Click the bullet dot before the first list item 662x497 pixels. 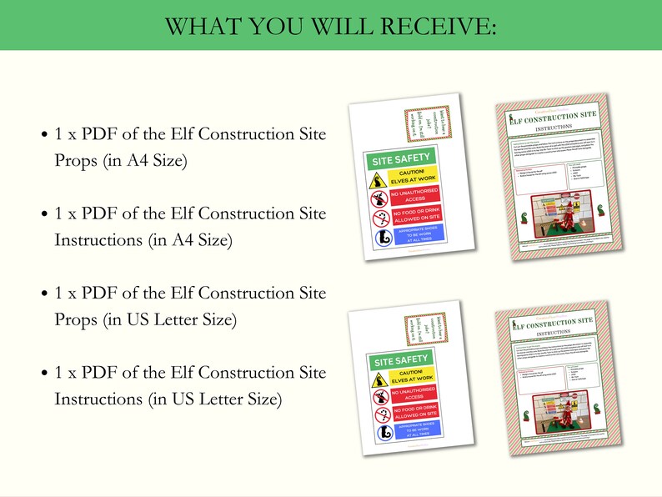point(43,135)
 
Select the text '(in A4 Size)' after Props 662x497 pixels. point(144,161)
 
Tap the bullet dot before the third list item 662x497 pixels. point(43,294)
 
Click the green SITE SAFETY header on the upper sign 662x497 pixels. point(401,158)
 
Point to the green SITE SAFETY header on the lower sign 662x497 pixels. point(404,360)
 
